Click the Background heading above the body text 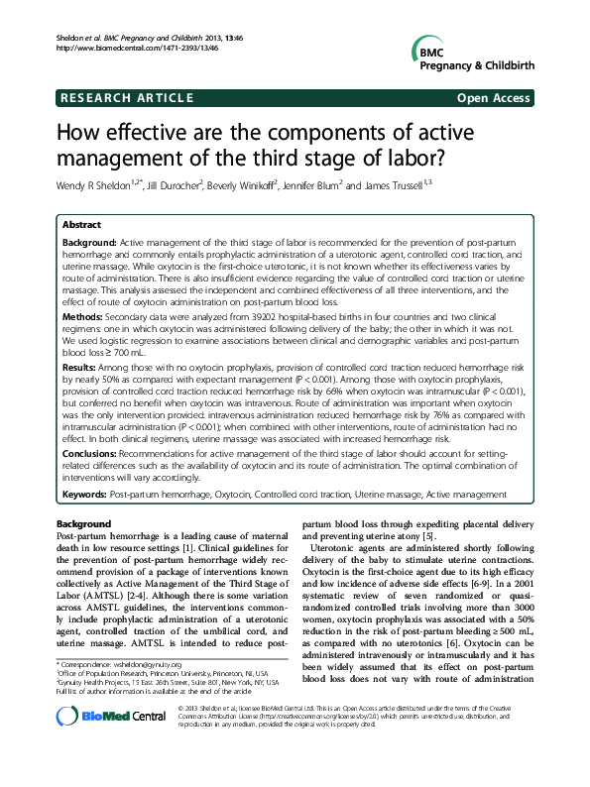(83, 522)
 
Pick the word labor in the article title (403, 158)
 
